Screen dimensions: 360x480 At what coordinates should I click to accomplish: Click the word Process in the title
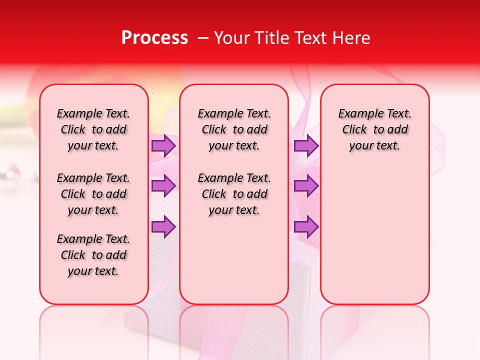pyautogui.click(x=154, y=38)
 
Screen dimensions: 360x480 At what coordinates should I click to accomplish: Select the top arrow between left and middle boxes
pyautogui.click(x=163, y=145)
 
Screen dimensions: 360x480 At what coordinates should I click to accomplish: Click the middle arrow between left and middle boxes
pyautogui.click(x=163, y=186)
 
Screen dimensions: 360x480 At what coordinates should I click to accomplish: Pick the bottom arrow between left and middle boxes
pyautogui.click(x=163, y=227)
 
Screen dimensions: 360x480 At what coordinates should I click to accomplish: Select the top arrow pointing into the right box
pyautogui.click(x=306, y=145)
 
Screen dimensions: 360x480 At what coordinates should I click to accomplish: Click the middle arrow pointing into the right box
pyautogui.click(x=306, y=186)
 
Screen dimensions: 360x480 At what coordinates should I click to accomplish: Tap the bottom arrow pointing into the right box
pyautogui.click(x=306, y=227)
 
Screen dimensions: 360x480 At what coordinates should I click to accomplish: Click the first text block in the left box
pyautogui.click(x=93, y=129)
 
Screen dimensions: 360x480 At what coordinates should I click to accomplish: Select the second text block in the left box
pyautogui.click(x=93, y=194)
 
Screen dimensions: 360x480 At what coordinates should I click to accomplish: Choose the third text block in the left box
pyautogui.click(x=93, y=255)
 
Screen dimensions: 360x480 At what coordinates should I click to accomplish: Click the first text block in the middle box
pyautogui.click(x=234, y=129)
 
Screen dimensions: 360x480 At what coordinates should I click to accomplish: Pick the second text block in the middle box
pyautogui.click(x=234, y=194)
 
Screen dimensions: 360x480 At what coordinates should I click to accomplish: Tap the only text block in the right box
pyautogui.click(x=374, y=129)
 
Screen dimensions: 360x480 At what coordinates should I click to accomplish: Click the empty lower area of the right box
pyautogui.click(x=374, y=235)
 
